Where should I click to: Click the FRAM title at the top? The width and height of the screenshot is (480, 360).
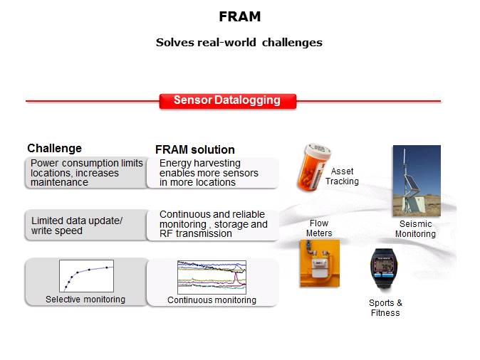click(239, 16)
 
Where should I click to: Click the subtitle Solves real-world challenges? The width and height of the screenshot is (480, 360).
click(239, 43)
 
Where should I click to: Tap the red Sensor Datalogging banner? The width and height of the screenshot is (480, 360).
click(228, 100)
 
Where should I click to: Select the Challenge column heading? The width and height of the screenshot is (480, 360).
click(54, 149)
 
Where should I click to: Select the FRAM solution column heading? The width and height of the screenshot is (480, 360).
click(194, 150)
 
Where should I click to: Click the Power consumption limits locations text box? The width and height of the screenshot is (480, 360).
click(87, 173)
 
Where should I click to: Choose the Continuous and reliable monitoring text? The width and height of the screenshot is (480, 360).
click(213, 224)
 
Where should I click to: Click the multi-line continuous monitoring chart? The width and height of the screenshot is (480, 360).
click(212, 277)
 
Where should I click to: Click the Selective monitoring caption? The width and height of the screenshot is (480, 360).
click(85, 300)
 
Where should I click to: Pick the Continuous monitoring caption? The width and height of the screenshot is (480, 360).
click(212, 300)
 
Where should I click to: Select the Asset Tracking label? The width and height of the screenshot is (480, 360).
click(342, 176)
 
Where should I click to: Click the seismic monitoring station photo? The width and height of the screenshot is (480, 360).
click(417, 181)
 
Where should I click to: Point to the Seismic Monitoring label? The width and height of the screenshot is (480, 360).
click(415, 229)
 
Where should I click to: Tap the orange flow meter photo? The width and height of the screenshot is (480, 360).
click(319, 263)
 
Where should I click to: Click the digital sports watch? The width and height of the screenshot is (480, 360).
click(385, 270)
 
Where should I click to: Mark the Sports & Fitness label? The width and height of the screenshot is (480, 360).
click(385, 308)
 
